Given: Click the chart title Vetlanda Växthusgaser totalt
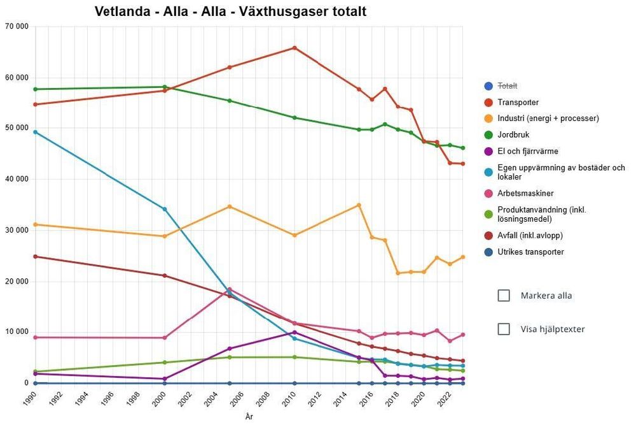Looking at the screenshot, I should coord(230,12).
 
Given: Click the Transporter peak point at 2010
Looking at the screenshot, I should coord(294,48).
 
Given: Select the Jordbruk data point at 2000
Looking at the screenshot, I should coord(165,87).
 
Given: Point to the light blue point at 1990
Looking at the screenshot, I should coord(35,132).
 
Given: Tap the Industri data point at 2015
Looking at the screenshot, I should coord(359,205).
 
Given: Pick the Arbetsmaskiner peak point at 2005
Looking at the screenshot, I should coord(230,289).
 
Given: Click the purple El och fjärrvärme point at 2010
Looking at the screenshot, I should coord(294,333).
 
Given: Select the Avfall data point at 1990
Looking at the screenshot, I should coord(35,257).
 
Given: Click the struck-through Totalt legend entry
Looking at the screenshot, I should coord(508,85).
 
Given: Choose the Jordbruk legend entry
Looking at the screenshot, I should coord(514,135).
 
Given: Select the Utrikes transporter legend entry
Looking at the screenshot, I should coord(530,252).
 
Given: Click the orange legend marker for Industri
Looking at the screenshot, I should coord(488,119).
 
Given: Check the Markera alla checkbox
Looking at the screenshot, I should coord(504,296).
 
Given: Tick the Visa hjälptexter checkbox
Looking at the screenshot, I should coord(504,329).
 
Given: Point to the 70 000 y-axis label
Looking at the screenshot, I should coord(17,27).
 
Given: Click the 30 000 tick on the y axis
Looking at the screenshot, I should coord(17,230).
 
